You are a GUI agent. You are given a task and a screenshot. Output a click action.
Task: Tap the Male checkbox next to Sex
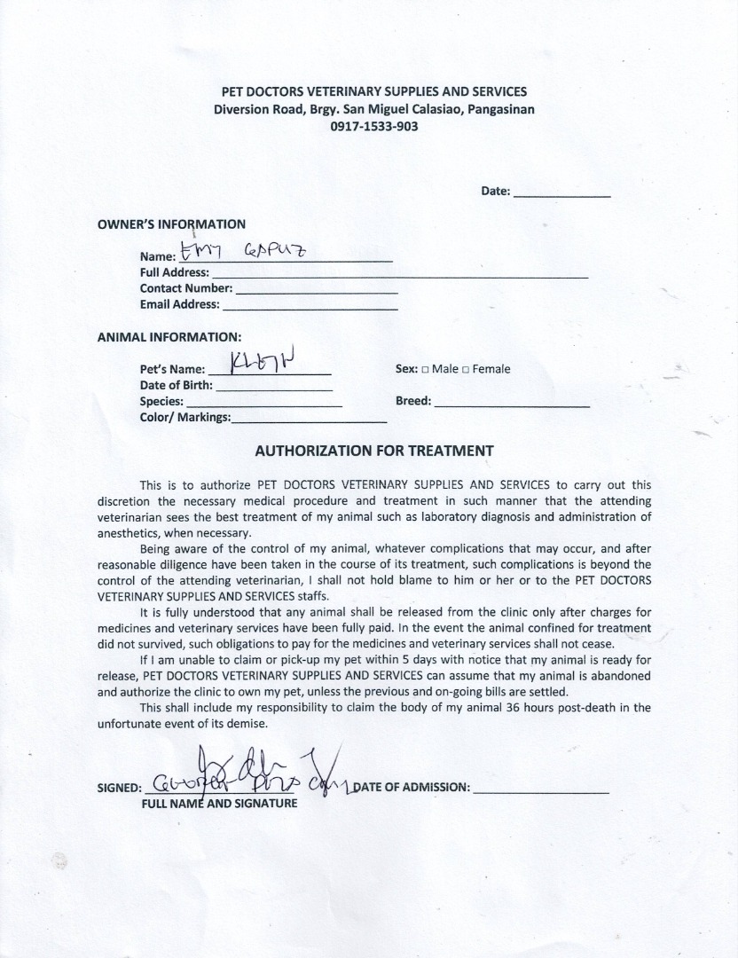[426, 370]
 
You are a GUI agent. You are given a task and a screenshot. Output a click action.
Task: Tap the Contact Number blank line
[317, 292]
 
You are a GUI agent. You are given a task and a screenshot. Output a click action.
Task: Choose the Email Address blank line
[310, 308]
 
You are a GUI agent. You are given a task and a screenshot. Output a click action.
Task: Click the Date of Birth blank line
[274, 389]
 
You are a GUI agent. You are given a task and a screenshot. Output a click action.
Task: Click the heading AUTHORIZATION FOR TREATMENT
[373, 451]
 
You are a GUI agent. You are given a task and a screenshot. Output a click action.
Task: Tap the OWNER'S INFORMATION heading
[171, 224]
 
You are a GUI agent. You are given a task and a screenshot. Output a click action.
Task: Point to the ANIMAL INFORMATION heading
[169, 337]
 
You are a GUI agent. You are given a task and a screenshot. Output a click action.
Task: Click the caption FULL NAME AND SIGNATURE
[219, 804]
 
